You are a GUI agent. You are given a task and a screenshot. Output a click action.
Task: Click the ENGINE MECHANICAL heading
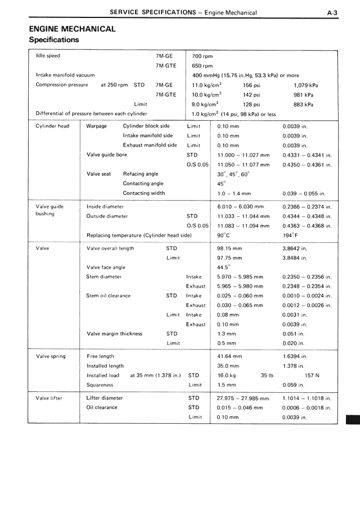click(x=72, y=29)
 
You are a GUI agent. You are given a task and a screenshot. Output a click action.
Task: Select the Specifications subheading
click(x=54, y=40)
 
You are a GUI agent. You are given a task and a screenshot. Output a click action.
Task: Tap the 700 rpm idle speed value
click(x=202, y=56)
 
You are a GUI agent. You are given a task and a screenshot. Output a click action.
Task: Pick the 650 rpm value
click(x=202, y=66)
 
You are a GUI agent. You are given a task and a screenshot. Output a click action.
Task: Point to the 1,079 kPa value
click(x=305, y=85)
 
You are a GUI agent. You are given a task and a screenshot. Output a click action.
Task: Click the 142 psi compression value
click(x=251, y=95)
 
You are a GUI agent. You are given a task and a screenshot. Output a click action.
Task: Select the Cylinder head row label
click(x=52, y=126)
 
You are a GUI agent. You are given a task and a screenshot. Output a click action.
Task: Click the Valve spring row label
click(x=51, y=356)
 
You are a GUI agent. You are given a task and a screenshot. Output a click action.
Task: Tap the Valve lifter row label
click(x=49, y=398)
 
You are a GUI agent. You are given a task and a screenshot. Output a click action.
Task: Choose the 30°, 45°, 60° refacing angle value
click(x=233, y=174)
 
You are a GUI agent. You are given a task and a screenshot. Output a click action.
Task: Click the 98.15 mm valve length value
click(x=229, y=248)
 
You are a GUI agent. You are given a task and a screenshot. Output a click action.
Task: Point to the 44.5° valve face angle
click(x=223, y=267)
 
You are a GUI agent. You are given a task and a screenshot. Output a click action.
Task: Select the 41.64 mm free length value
click(x=229, y=356)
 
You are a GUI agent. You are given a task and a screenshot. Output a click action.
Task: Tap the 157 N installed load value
click(x=312, y=375)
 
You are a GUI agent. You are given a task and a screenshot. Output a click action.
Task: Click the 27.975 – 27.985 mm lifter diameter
click(x=243, y=398)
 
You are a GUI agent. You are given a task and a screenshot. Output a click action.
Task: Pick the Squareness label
click(x=100, y=385)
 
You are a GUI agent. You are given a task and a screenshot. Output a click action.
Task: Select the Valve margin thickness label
click(x=114, y=333)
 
